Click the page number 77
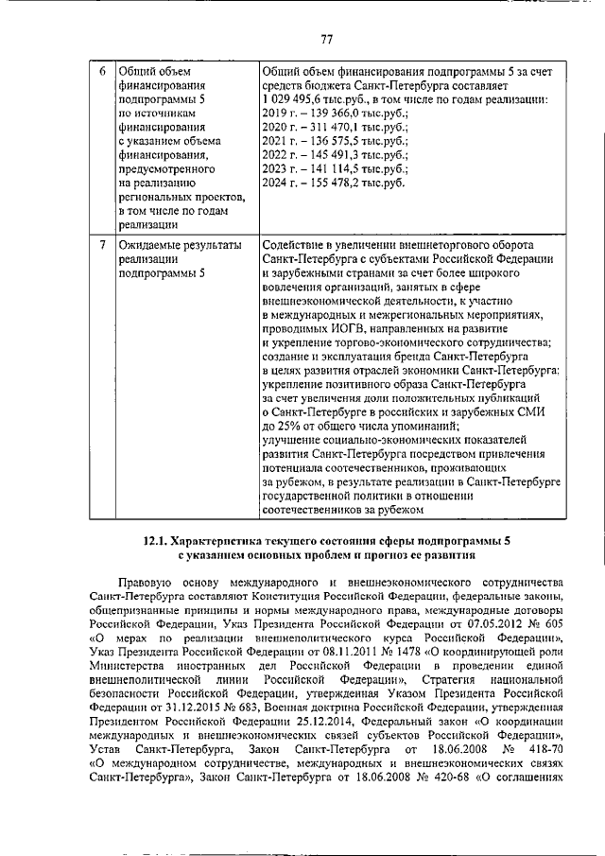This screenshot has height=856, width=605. pos(327,39)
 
